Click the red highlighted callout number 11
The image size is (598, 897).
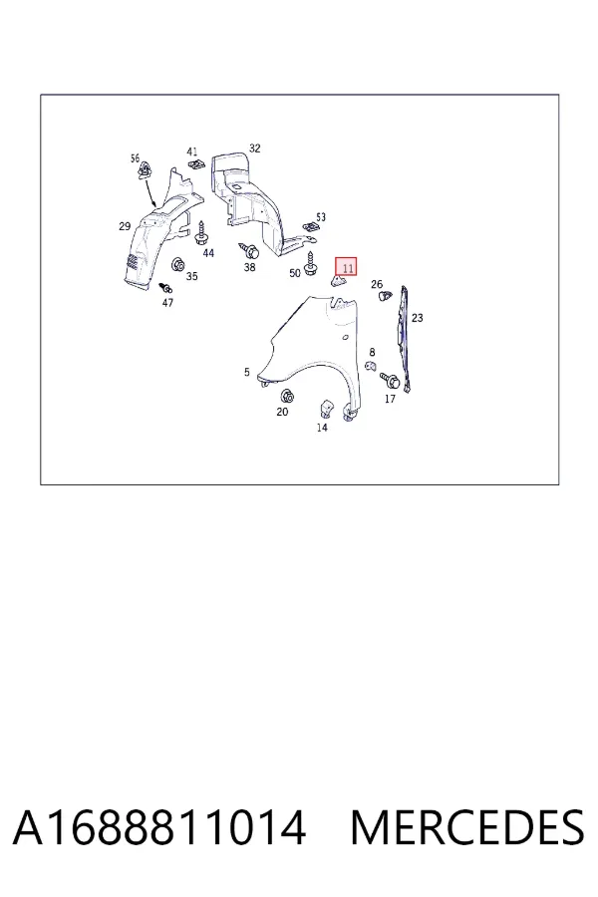tap(348, 266)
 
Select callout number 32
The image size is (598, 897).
tap(255, 149)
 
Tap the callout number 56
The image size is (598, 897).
tap(136, 157)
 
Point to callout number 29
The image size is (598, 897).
tap(125, 226)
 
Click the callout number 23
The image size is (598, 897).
tap(418, 318)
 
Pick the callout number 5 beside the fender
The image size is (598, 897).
tap(246, 372)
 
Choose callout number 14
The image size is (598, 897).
tap(322, 428)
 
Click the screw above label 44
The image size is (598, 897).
tap(201, 233)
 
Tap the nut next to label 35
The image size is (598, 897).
tap(178, 265)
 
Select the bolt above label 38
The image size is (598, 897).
tap(249, 250)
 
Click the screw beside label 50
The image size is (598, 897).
tap(311, 263)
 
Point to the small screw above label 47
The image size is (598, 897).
tap(166, 287)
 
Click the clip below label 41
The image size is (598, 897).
tap(196, 164)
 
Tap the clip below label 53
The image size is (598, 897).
tap(311, 228)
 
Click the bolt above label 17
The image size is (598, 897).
tap(390, 380)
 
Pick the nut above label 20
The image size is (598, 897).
tap(286, 396)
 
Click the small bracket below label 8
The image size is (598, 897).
tap(370, 366)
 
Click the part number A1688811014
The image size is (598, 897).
tap(159, 828)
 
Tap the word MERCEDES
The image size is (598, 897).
tap(467, 828)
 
